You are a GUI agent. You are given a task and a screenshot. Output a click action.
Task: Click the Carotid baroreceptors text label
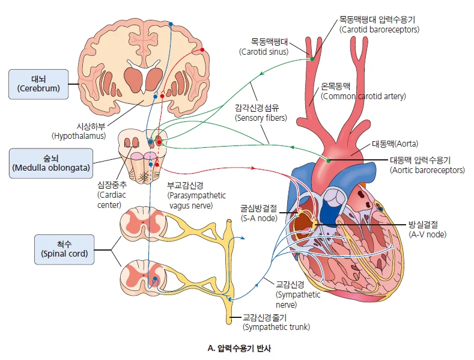coord(378,25)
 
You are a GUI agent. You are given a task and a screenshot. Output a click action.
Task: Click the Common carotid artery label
coord(363,91)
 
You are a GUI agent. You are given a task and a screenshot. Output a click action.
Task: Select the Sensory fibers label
coord(260,114)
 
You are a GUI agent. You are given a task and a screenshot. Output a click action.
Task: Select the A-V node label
coord(427,230)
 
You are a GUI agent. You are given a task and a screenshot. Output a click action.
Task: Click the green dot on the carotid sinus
coord(312,58)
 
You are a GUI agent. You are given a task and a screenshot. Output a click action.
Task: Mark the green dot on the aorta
coord(329,160)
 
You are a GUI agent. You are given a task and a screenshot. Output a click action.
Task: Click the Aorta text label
coord(395,144)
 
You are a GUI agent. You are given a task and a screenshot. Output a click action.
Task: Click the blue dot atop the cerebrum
coord(171,24)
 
